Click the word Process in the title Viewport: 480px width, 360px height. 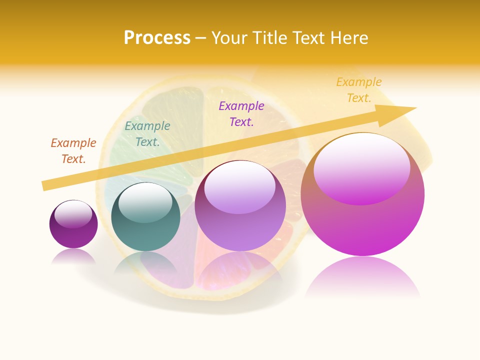coord(157,38)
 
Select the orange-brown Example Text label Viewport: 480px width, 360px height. coord(73,150)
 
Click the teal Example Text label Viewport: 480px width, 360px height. coord(147,133)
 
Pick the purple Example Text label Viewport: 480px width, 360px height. coord(241,113)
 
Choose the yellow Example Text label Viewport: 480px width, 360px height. coord(359,89)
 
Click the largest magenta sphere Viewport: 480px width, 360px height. coord(362,220)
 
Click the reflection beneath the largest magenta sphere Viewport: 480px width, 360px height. coord(362,277)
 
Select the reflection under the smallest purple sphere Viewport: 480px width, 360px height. coord(73,256)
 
